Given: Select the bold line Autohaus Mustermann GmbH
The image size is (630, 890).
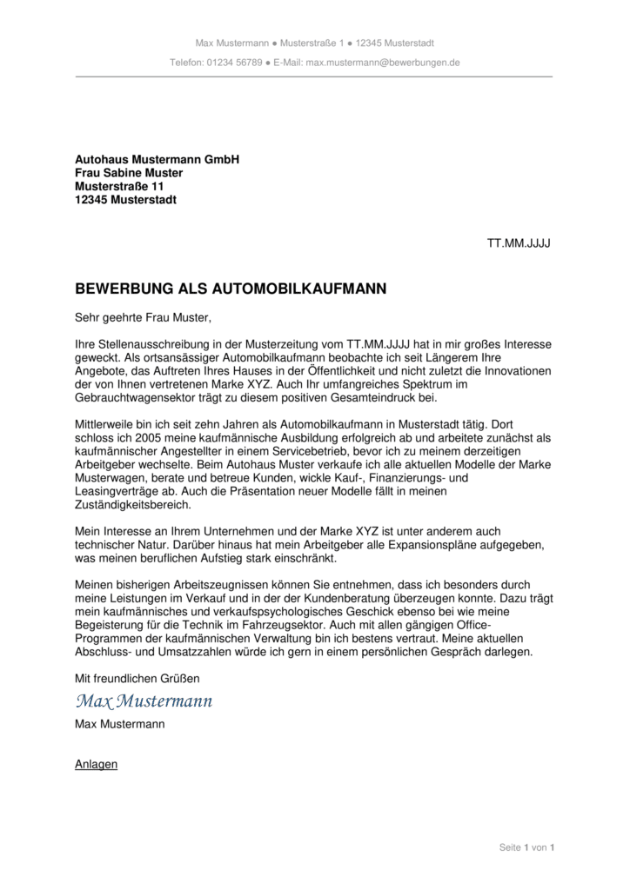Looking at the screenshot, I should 157,160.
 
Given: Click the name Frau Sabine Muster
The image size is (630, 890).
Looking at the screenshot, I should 129,173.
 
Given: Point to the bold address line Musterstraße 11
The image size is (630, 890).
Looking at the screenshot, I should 119,186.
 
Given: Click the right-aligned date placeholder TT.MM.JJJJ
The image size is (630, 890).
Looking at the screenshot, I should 518,242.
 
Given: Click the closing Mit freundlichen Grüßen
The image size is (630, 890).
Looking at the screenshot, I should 137,678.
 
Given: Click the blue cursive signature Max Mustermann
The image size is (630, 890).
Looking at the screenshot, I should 144,701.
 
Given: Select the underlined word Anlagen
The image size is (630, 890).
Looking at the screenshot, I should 97,765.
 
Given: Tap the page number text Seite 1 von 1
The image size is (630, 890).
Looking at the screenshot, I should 526,847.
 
